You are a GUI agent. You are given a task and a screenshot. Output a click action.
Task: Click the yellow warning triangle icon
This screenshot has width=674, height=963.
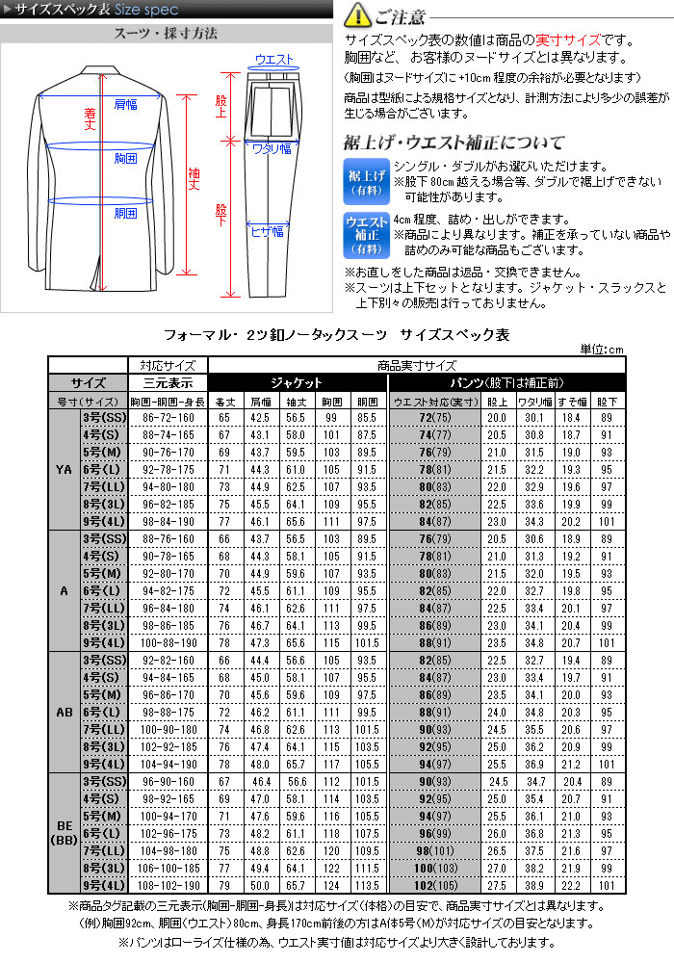pyautogui.click(x=356, y=16)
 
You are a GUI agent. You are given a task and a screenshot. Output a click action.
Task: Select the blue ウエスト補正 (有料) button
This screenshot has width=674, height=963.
pyautogui.click(x=366, y=234)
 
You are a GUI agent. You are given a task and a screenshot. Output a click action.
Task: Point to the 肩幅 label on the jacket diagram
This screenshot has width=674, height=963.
pyautogui.click(x=125, y=103)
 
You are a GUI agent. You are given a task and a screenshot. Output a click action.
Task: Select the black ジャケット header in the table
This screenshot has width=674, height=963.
pyautogui.click(x=296, y=382)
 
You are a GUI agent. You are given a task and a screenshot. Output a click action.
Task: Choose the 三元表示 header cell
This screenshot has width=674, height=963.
pyautogui.click(x=168, y=382)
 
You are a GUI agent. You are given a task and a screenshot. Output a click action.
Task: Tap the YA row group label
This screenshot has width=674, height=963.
pyautogui.click(x=64, y=470)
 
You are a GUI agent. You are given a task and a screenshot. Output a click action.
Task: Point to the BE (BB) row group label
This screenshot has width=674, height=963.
pyautogui.click(x=64, y=832)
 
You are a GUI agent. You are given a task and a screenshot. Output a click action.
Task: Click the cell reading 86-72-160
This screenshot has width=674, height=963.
pyautogui.click(x=168, y=418)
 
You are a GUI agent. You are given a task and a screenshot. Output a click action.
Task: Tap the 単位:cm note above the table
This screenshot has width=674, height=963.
pyautogui.click(x=603, y=349)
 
